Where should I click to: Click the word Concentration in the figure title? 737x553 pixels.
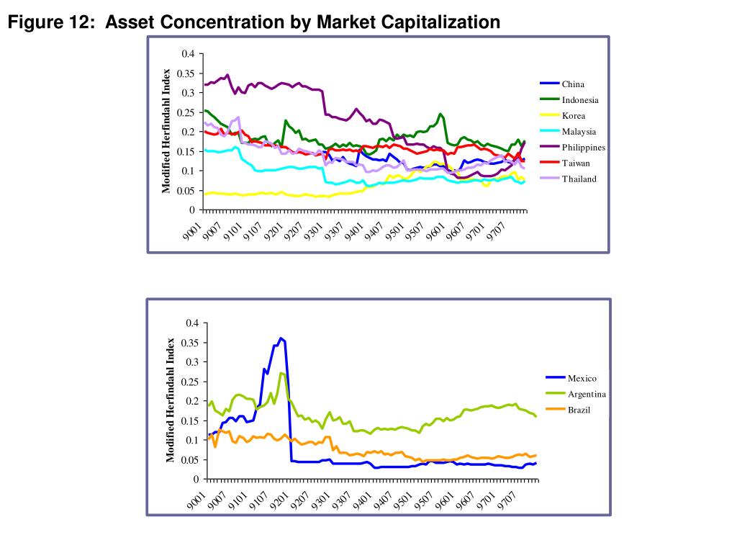tap(222, 22)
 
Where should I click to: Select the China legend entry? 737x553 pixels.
tap(573, 84)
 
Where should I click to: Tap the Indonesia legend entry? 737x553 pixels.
tap(580, 100)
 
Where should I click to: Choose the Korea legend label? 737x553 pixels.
tap(574, 116)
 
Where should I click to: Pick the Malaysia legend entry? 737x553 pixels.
tap(579, 132)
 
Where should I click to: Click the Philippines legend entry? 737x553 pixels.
tap(584, 148)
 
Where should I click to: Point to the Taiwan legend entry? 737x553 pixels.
tap(576, 163)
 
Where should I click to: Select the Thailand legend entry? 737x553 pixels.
tap(579, 179)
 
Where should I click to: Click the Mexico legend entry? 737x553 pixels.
tap(582, 379)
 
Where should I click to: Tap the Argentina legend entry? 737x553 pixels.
tap(587, 395)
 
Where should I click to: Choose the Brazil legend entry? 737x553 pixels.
tap(579, 410)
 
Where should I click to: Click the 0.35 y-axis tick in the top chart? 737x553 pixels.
tap(187, 73)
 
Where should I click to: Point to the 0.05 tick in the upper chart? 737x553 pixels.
tap(187, 191)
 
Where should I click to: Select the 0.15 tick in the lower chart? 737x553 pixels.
tap(190, 421)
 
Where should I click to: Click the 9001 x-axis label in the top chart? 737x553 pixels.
tap(192, 232)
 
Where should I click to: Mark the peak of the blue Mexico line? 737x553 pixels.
tap(281, 338)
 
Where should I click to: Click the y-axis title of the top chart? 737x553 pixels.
tap(166, 131)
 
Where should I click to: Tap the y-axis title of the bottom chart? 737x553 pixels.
tap(171, 400)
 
